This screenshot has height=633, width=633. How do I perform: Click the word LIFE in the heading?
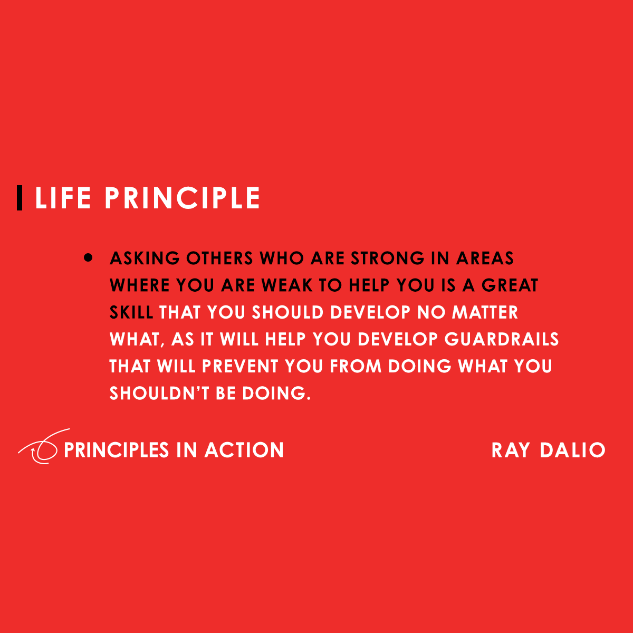tap(63, 198)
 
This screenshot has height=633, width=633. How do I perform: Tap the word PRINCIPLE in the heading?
tap(182, 198)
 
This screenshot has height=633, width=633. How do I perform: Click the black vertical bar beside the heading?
tap(20, 198)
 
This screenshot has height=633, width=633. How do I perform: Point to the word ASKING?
tap(145, 258)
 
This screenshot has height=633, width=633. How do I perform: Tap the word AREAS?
tap(485, 258)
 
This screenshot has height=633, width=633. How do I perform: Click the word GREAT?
tap(510, 285)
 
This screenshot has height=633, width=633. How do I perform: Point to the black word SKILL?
tap(131, 312)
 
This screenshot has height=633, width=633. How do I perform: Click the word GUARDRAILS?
tap(502, 339)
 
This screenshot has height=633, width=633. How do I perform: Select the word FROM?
tap(356, 366)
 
